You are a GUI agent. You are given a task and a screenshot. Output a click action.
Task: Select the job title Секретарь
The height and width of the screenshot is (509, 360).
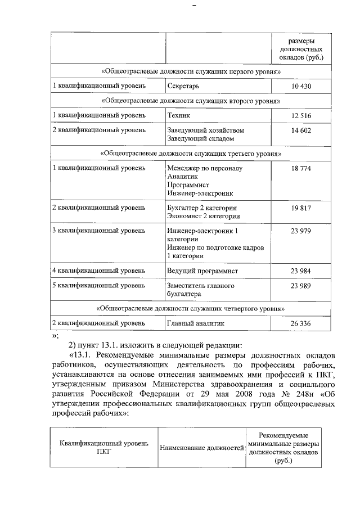(x=183, y=86)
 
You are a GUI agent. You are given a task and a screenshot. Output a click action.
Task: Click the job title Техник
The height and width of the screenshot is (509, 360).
(x=179, y=115)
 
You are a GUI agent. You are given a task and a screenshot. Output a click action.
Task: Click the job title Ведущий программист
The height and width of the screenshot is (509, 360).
(x=202, y=271)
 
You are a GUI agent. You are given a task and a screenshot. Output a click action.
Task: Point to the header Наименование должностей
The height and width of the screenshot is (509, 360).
(x=201, y=448)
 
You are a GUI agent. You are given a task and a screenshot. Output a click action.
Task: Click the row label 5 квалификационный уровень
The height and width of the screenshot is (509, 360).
(x=99, y=286)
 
